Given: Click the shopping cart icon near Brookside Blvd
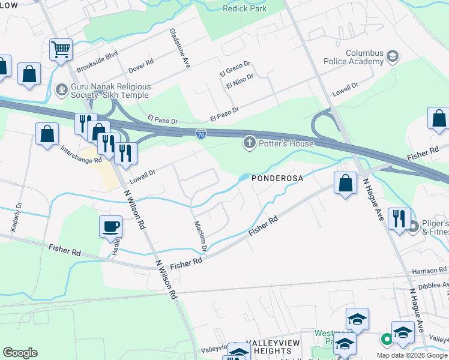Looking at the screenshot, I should [61, 50].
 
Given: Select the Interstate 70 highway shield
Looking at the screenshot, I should [200, 133].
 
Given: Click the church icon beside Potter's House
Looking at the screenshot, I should [249, 143].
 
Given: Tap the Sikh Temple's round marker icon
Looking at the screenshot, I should [61, 91].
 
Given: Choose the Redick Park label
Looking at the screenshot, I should [244, 8].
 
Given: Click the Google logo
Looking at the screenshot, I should [20, 353].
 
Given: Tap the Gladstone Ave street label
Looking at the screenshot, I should [179, 48].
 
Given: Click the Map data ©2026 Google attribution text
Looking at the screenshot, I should [412, 355].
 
